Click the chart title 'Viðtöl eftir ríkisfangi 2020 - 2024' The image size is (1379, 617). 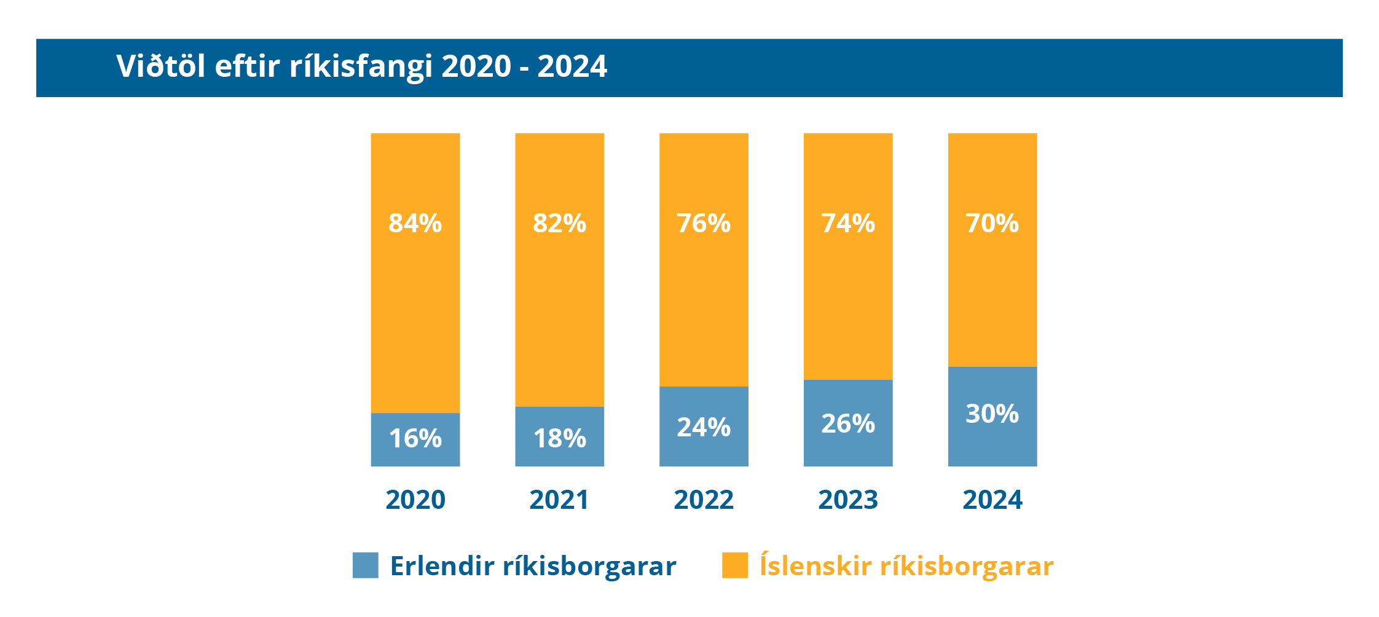pos(361,66)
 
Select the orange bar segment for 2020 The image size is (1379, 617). pos(415,307)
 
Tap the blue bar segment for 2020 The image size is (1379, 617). pos(415,455)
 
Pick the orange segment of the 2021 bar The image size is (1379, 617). pos(559,307)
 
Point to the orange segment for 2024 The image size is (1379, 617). pos(992,295)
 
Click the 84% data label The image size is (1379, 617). pos(415,223)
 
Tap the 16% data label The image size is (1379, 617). pos(415,438)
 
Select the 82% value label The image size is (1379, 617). pos(559,223)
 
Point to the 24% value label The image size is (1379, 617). pos(704,427)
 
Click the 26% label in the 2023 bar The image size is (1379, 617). pos(848,423)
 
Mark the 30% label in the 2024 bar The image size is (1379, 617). pos(992,414)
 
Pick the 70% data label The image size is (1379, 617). pos(992,223)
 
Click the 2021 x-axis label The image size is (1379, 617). pos(559,500)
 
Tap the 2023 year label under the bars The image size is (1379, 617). pos(848,500)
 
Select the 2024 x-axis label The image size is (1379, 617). pos(992,500)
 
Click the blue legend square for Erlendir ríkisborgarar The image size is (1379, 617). pos(366,565)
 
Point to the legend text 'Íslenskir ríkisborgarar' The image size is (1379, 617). pos(906,565)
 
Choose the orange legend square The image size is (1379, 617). pos(735,565)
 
